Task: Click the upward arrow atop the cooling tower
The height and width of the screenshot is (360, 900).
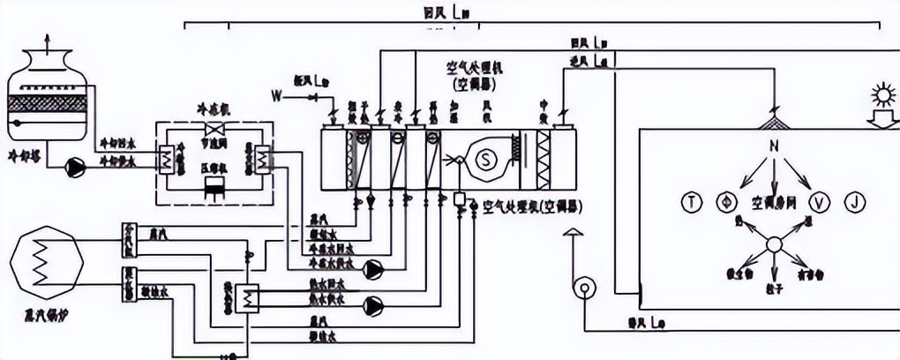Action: [48, 40]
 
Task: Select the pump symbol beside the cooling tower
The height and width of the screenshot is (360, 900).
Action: [76, 165]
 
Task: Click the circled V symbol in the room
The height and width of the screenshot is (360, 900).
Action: [821, 202]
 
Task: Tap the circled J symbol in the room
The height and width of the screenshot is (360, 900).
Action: [854, 202]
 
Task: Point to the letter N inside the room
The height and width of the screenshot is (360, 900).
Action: [773, 145]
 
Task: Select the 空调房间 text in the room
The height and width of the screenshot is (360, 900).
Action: [773, 202]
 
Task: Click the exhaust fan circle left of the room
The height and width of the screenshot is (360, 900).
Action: [583, 288]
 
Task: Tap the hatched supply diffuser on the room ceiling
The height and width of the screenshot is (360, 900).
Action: [774, 121]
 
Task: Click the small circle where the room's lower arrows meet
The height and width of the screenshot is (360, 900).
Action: [773, 244]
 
